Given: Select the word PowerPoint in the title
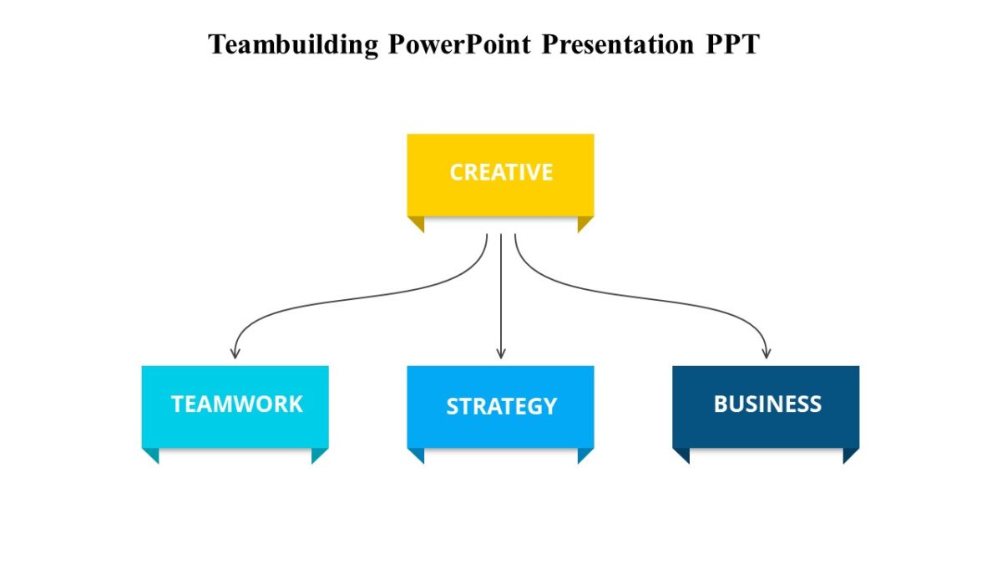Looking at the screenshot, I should pyautogui.click(x=458, y=44).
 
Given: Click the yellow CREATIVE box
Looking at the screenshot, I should pyautogui.click(x=500, y=174).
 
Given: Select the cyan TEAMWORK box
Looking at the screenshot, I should pyautogui.click(x=235, y=405).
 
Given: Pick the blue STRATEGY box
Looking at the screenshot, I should pyautogui.click(x=500, y=406).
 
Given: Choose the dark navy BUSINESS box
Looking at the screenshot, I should pyautogui.click(x=766, y=405).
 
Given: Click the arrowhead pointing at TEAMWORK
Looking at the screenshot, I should pyautogui.click(x=235, y=353).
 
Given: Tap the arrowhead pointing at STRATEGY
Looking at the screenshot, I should pyautogui.click(x=501, y=353).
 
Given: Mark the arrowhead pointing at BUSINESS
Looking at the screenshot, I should pyautogui.click(x=767, y=353).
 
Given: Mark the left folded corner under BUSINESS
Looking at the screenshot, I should pyautogui.click(x=682, y=455).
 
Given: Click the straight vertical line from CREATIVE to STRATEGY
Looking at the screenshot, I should pyautogui.click(x=501, y=292).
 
